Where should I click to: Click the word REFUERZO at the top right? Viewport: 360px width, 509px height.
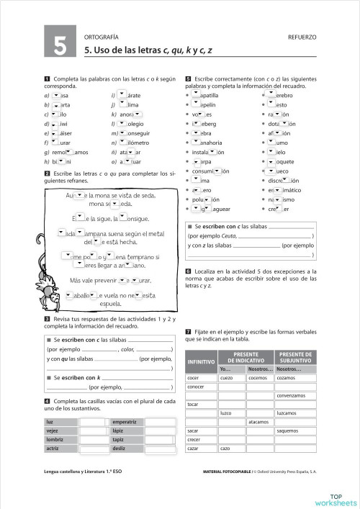302,36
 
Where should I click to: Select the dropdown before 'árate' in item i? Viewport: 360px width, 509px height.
122,95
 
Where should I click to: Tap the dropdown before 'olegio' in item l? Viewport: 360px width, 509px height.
122,123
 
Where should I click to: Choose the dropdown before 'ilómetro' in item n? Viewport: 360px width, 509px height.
122,143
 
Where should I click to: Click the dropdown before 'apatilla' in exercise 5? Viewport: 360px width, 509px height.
196,95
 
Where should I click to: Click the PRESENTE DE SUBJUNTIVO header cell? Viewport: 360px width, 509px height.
295,357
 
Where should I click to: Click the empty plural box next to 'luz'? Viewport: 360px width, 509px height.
94,422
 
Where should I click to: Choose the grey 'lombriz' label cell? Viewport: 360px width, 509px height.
60,439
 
